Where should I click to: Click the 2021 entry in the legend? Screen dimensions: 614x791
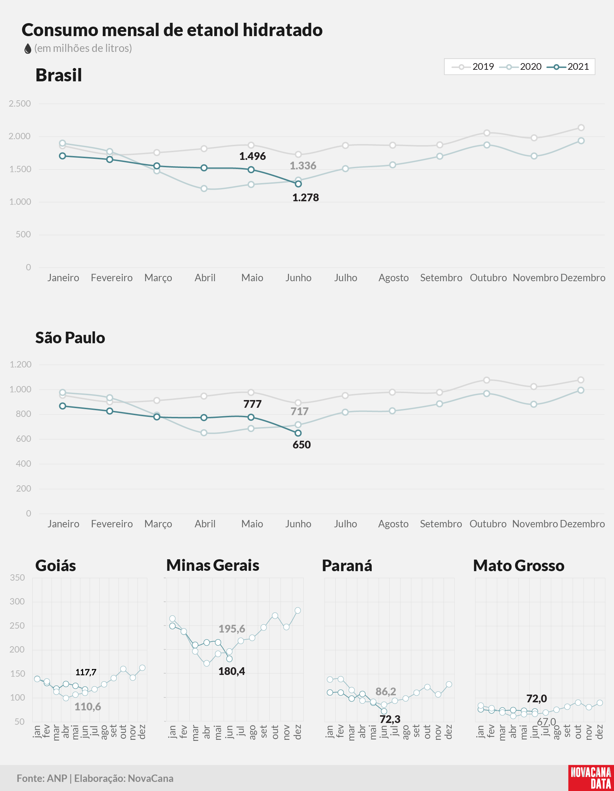pos(568,67)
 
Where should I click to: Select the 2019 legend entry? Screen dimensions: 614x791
pos(473,67)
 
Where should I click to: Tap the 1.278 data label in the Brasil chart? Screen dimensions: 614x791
pos(305,198)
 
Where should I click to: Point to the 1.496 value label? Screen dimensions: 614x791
pos(252,156)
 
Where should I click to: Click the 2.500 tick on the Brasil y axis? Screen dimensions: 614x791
pos(20,104)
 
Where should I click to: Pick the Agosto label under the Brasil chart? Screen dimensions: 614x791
pos(393,278)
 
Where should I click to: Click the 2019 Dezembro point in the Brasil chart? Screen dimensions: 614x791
pos(581,128)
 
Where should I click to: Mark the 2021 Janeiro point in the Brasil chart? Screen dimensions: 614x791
pos(63,156)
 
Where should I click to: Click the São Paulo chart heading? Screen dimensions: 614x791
pos(70,338)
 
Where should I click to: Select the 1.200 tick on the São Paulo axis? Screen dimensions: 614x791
pos(21,365)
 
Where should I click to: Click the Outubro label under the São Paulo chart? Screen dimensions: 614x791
pos(488,524)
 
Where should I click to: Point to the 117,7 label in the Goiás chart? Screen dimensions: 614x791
pos(86,672)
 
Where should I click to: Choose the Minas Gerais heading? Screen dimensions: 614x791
pos(212,565)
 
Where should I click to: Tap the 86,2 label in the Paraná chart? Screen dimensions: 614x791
pos(386,691)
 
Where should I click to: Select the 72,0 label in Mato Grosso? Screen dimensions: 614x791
pos(537,698)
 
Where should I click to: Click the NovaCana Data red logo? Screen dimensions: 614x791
pos(591,778)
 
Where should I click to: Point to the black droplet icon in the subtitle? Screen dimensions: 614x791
pos(28,48)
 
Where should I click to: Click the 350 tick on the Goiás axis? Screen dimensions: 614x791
pos(18,578)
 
